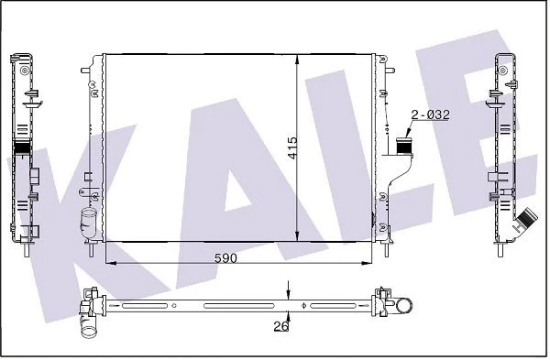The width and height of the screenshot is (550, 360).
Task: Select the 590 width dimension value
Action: point(225,259)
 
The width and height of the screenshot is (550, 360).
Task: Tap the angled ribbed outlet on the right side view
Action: point(524,223)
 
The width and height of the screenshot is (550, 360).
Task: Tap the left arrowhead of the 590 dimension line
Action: point(112,264)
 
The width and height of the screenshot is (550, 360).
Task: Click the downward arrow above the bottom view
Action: point(289,290)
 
